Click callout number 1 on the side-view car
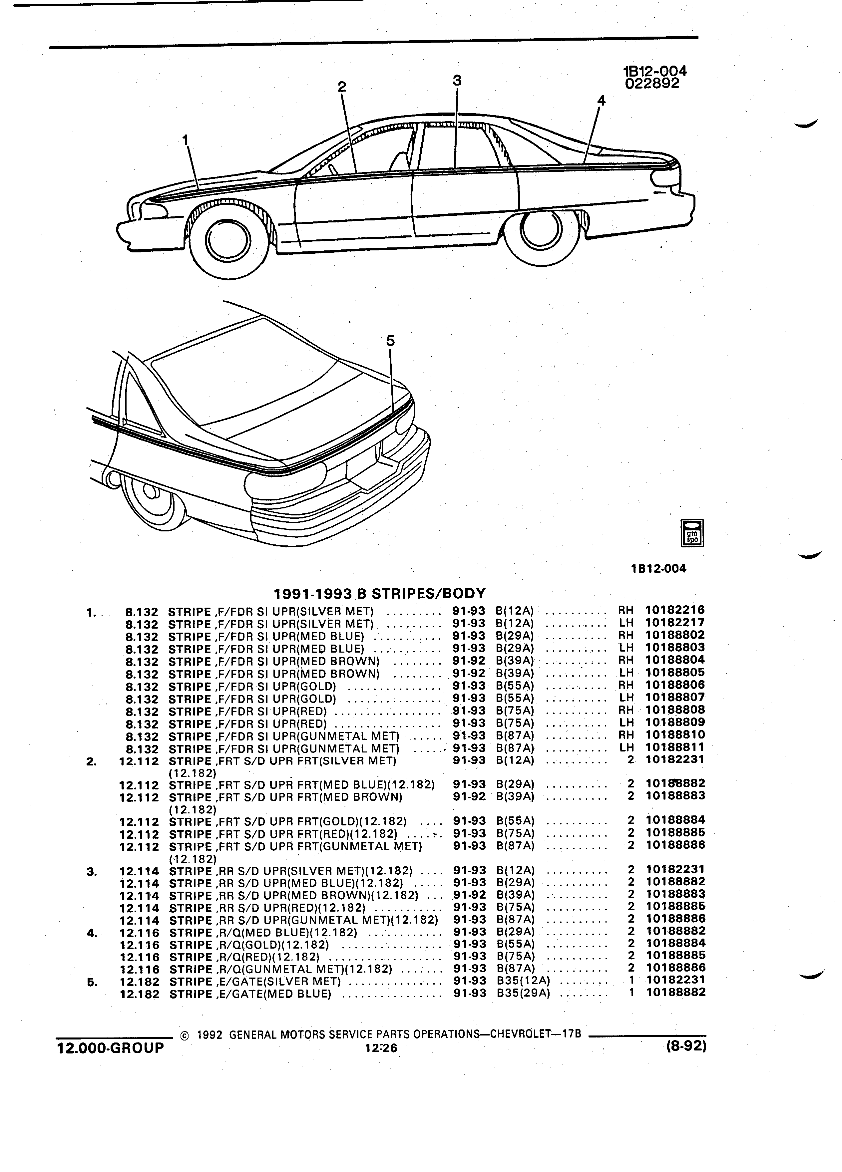click(186, 140)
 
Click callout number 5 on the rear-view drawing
click(390, 341)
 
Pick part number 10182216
click(674, 610)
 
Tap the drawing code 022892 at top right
click(652, 84)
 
